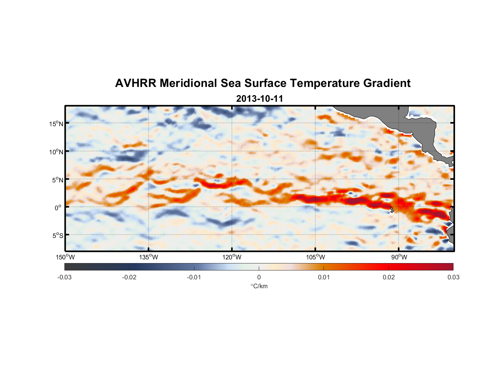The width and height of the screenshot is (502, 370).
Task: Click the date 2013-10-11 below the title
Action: point(260,99)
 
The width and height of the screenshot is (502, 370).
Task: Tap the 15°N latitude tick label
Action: point(56,124)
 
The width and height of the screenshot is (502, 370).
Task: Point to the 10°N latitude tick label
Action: point(56,152)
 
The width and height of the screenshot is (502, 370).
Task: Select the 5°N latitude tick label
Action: point(57,180)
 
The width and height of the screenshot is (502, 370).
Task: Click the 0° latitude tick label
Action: point(58,208)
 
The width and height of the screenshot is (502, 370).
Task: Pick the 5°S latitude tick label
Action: point(57,236)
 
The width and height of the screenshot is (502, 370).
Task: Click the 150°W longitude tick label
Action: point(66,257)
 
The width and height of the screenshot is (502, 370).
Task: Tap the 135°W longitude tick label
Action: point(149,257)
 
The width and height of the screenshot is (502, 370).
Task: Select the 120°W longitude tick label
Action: point(232,257)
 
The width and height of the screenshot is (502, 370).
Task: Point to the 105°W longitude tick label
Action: point(315,257)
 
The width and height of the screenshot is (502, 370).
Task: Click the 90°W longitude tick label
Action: point(399,257)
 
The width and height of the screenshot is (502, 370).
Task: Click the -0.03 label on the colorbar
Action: point(64,277)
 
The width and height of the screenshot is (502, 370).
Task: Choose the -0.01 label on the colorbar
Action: point(194,277)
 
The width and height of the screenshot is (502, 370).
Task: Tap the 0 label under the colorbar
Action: point(259,277)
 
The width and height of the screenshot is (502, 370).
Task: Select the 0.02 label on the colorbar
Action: point(389,277)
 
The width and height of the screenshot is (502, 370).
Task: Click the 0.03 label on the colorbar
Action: point(453,277)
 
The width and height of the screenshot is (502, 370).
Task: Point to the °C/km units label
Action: point(259,286)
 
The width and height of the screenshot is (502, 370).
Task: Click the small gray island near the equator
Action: point(392,210)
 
